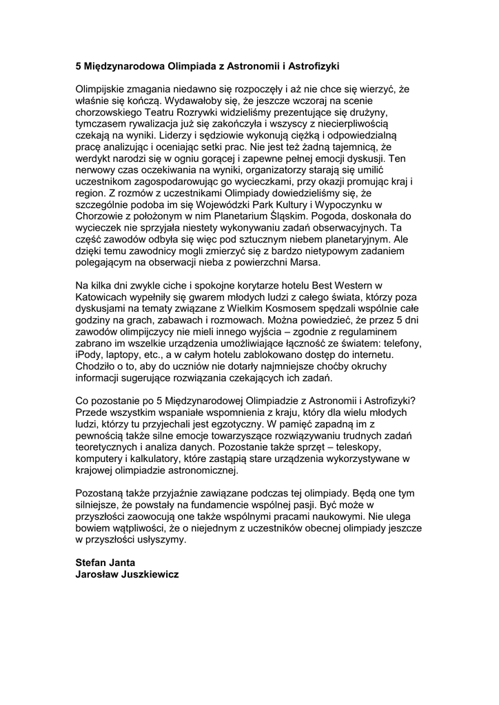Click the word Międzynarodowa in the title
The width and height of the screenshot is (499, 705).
(119, 66)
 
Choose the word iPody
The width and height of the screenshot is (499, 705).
(90, 355)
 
